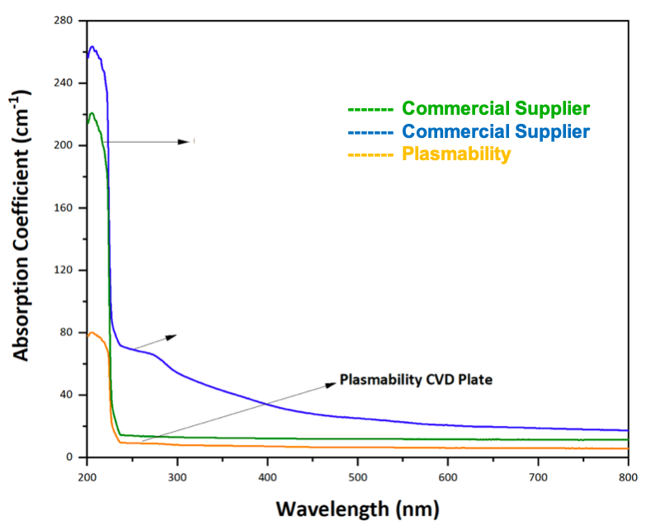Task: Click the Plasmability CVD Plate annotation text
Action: click(x=416, y=380)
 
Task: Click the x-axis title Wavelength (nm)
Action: click(x=356, y=506)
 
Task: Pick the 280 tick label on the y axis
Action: click(x=64, y=20)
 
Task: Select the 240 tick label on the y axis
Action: click(x=64, y=83)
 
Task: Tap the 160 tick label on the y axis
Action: click(x=64, y=207)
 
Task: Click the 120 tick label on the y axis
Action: click(x=64, y=270)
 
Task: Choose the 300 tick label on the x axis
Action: click(x=177, y=477)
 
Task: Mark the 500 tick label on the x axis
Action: click(x=357, y=477)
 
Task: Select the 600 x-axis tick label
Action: click(x=447, y=477)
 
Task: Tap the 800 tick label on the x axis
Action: click(x=628, y=477)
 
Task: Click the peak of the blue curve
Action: click(x=92, y=47)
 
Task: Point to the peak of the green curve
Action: click(x=92, y=113)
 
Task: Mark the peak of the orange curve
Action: click(x=92, y=333)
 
